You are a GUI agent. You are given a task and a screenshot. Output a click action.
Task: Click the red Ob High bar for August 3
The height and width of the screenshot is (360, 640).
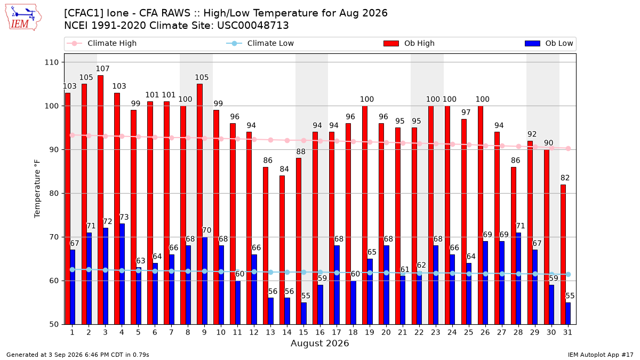[x=100, y=199]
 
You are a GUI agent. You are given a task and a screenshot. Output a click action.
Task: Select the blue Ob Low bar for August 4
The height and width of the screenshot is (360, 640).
[x=122, y=274]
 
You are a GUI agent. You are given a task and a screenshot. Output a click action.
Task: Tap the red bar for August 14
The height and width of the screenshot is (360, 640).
[x=282, y=250]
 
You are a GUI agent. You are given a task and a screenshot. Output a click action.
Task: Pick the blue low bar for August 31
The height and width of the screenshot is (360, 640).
[x=568, y=314]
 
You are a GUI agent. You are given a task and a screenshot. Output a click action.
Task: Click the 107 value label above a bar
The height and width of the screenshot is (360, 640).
[x=102, y=69]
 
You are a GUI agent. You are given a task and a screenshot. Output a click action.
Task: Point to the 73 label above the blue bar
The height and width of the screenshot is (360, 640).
[x=124, y=217]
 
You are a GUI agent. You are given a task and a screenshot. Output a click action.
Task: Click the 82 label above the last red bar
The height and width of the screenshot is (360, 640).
[x=565, y=178]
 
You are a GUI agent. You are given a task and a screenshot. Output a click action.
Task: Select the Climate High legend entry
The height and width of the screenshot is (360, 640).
[x=101, y=43]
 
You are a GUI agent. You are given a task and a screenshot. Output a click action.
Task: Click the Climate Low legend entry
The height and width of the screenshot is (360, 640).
[x=260, y=43]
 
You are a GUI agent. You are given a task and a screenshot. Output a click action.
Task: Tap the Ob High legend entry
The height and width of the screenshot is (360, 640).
[x=409, y=43]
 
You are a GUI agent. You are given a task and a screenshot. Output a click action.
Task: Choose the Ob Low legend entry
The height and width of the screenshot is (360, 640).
[x=549, y=43]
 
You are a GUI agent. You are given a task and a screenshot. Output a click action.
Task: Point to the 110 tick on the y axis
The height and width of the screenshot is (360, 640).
[x=51, y=62]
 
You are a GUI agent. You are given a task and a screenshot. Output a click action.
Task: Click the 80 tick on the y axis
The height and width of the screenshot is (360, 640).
[x=54, y=194]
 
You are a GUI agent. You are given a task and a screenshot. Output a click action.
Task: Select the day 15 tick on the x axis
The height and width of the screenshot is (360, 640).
[x=303, y=332]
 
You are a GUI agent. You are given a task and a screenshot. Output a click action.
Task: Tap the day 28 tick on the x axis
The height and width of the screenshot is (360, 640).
[x=518, y=332]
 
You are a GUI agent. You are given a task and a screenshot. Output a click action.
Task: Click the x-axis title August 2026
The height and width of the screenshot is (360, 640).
[x=319, y=343]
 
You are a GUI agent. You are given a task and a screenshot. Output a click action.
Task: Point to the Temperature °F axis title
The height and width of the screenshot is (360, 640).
[x=37, y=189]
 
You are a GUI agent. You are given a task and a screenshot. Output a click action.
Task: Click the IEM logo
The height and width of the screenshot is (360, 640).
[x=23, y=18]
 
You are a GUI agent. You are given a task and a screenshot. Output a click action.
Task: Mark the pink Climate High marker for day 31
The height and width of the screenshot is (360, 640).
[x=568, y=149]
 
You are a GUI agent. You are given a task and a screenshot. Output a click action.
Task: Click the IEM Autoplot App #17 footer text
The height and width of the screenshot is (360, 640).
[x=601, y=355]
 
